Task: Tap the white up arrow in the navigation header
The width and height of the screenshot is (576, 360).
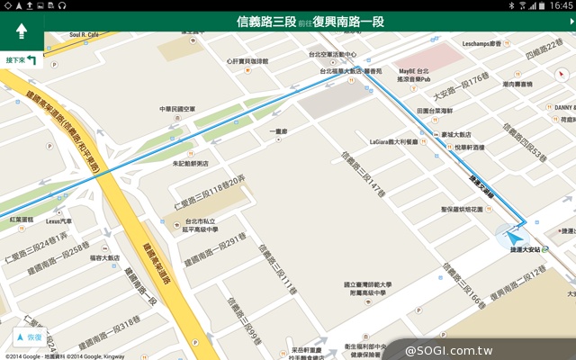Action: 22,32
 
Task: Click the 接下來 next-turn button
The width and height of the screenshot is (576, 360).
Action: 21,60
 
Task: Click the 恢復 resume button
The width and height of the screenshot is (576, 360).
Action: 28,337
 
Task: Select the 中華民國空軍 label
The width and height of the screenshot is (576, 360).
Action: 177,110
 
